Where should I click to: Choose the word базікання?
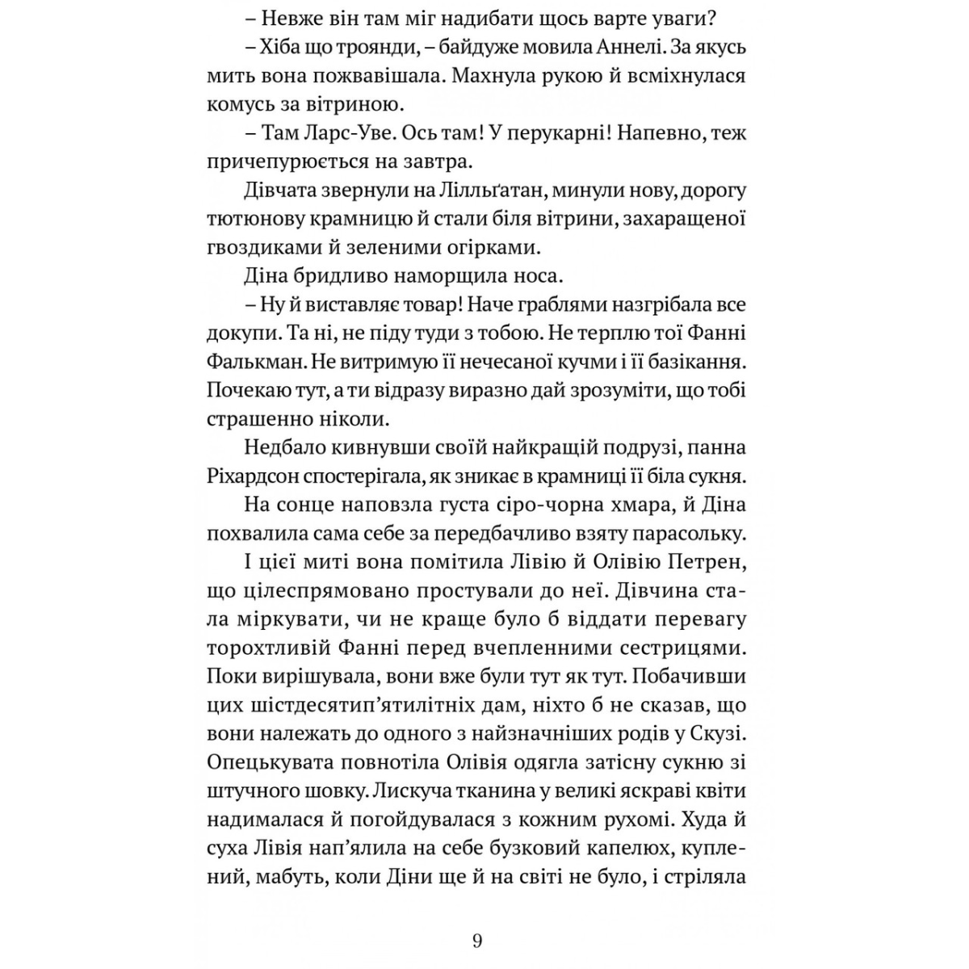point(692,361)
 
